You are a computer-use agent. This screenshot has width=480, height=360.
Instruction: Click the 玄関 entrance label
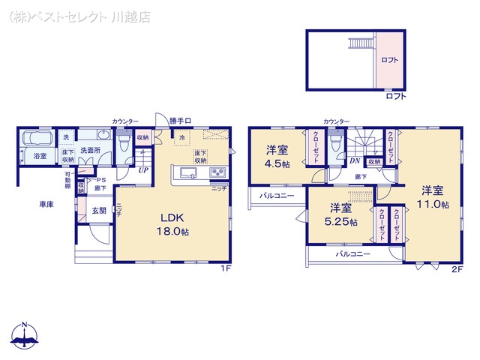99,211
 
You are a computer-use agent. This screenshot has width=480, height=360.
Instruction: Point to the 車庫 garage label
47,204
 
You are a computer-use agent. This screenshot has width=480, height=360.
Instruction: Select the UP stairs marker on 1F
142,169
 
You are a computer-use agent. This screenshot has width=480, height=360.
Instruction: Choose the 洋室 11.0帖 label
433,196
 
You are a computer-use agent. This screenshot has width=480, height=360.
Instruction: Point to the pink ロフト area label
390,60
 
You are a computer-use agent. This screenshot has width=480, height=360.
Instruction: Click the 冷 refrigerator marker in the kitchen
181,138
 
